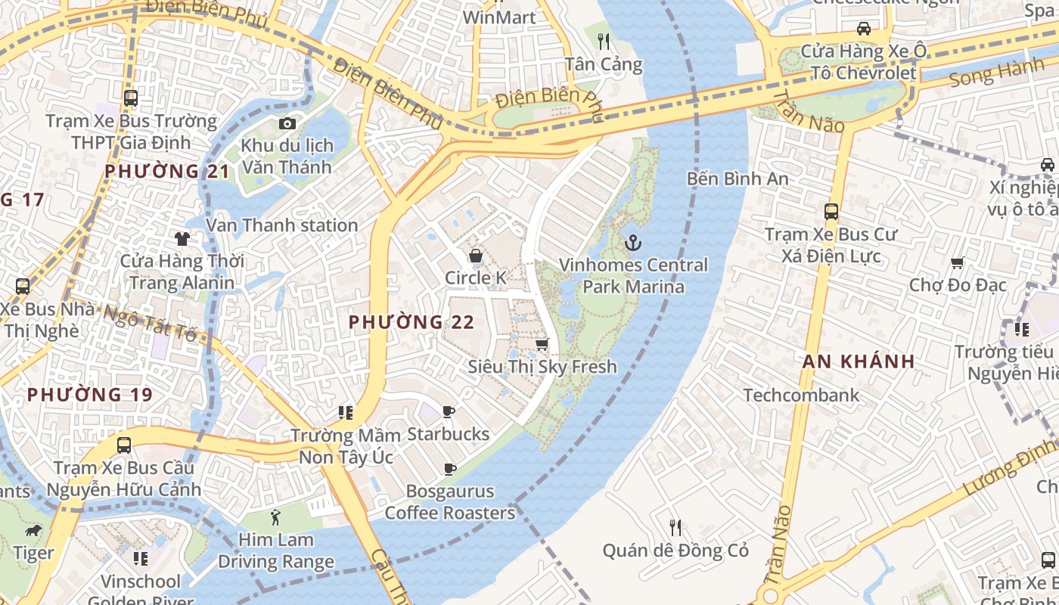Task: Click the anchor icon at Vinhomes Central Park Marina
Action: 632,243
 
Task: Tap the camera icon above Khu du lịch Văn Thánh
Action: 287,123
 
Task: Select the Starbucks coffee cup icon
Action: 449,412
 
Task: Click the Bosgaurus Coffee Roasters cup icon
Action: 449,470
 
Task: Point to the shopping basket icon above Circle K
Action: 476,256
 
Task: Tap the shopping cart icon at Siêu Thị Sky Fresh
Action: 542,345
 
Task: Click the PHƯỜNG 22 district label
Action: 411,322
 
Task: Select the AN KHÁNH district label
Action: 859,361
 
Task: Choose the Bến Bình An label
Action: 738,179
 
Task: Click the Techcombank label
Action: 801,395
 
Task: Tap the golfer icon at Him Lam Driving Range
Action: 275,518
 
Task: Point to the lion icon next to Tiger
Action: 33,531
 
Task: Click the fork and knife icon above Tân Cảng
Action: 603,41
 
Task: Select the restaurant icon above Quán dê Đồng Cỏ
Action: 675,527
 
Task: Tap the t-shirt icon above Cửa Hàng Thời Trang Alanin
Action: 182,239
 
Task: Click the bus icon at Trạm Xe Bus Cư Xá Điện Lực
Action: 831,212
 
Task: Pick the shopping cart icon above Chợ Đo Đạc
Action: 958,262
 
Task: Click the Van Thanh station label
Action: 282,225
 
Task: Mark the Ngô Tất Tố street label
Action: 150,323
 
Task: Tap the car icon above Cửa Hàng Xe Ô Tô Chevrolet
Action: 863,29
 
